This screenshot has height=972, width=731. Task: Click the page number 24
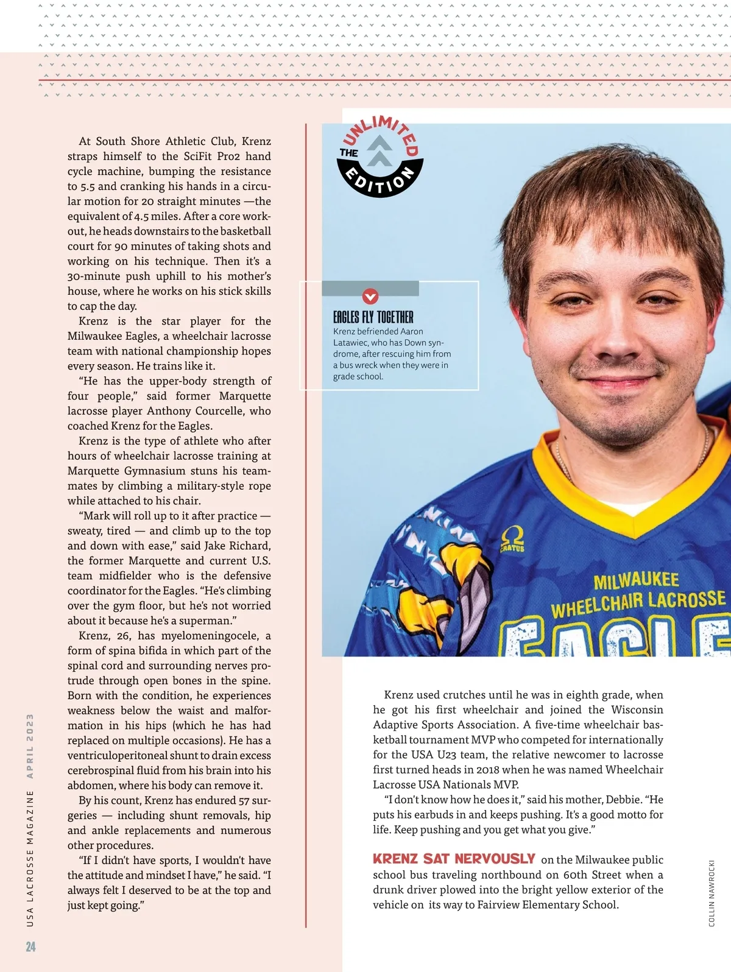tap(30, 946)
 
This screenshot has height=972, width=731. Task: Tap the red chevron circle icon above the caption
tap(370, 297)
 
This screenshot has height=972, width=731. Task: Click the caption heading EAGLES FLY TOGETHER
tap(373, 317)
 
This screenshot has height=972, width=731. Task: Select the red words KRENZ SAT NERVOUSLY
tap(454, 859)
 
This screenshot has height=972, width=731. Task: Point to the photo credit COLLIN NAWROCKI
tap(712, 893)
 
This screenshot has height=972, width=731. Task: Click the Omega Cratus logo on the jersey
tap(512, 539)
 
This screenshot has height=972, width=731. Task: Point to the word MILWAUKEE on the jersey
tap(636, 580)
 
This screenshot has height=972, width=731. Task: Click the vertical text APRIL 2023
tap(30, 745)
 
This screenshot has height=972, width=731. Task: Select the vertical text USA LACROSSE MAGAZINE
tap(30, 859)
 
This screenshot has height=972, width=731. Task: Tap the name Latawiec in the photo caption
tap(350, 343)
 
